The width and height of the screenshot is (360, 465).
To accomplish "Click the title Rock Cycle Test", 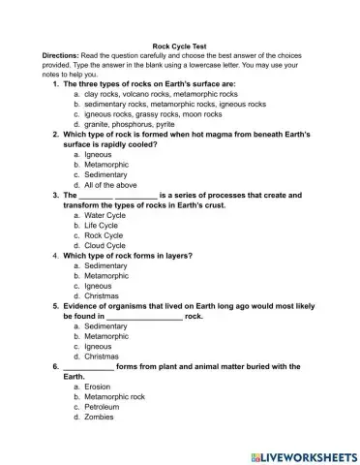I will [x=179, y=46].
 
